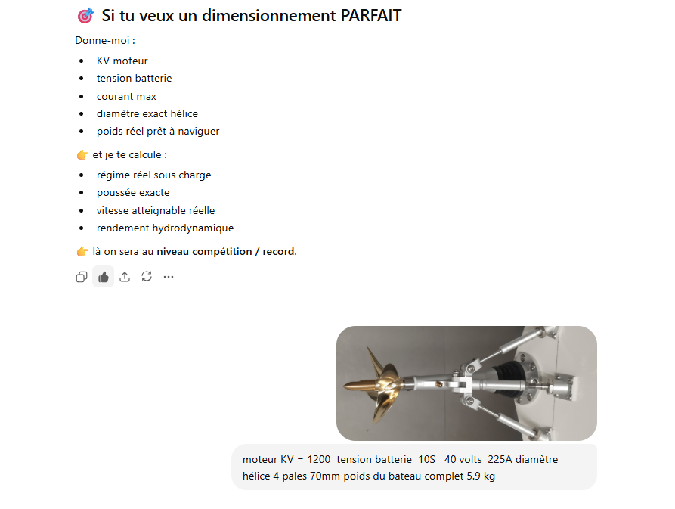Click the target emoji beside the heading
[85, 16]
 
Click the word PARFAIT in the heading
[371, 15]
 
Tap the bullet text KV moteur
[122, 61]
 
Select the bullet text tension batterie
[135, 79]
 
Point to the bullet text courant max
[126, 97]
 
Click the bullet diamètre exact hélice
[147, 113]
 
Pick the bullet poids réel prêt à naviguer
[158, 132]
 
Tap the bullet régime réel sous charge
[154, 175]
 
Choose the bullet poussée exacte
[133, 193]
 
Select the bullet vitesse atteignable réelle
[156, 210]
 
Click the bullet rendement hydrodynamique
[166, 228]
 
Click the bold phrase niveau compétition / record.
[227, 252]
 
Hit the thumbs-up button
[104, 277]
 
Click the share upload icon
[125, 277]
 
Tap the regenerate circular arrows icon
[147, 277]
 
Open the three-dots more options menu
[169, 277]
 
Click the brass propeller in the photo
[376, 386]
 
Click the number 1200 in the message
[318, 460]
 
